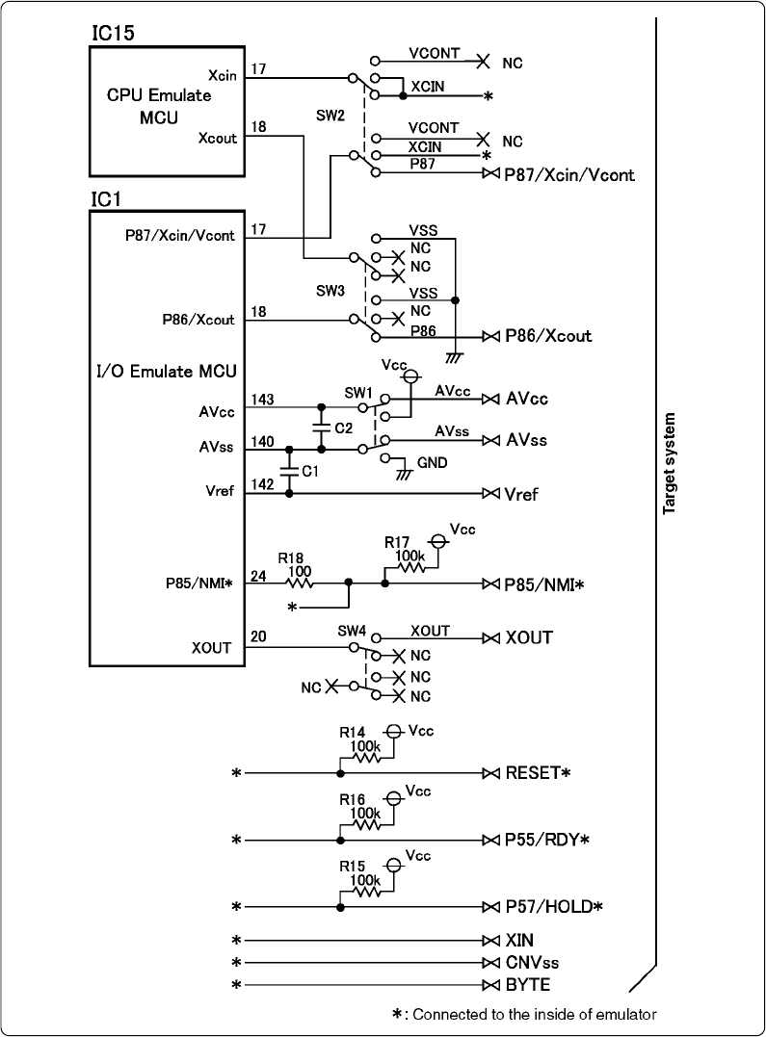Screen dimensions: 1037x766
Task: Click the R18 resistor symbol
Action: pos(300,583)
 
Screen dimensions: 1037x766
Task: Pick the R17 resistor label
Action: pos(398,543)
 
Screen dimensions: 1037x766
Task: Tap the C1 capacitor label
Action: pos(309,471)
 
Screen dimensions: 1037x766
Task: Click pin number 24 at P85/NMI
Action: pos(258,574)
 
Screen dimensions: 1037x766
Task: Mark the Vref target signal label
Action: pos(521,495)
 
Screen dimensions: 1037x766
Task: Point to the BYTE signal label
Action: pos(527,986)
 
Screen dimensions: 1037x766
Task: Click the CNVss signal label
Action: pos(532,963)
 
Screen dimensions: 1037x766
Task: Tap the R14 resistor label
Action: pos(352,732)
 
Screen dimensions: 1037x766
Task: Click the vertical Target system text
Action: pos(669,464)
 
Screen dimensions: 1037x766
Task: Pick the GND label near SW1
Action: pos(434,463)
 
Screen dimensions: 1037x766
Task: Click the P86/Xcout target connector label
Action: pos(548,336)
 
